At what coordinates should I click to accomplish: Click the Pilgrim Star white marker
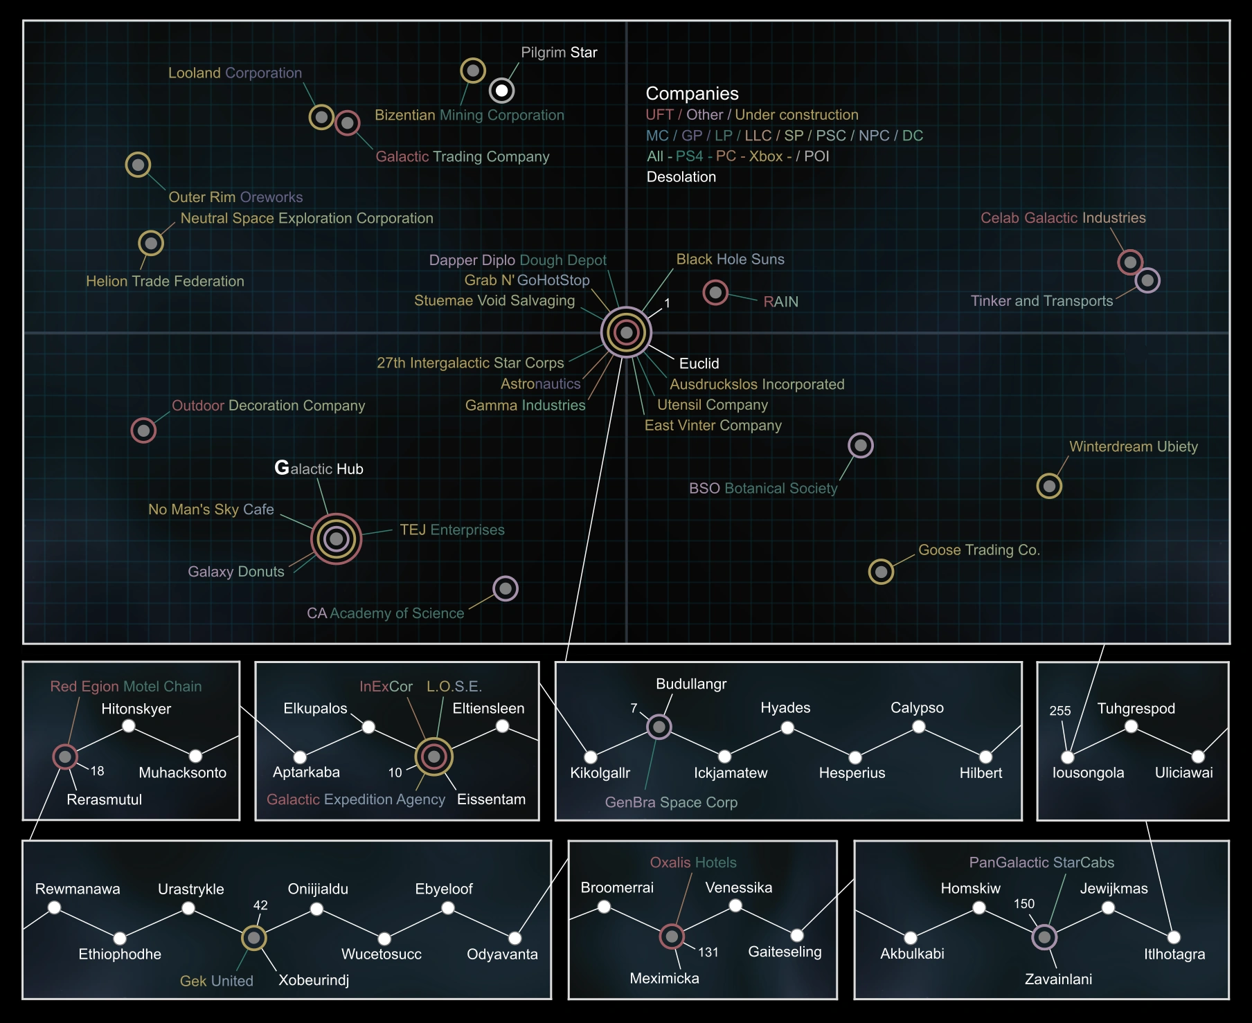(x=501, y=90)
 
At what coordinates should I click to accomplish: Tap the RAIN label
(x=780, y=302)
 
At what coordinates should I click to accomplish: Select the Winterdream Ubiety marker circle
(x=1048, y=486)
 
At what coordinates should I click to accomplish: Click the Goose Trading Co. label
(x=978, y=550)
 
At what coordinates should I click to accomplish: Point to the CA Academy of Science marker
(x=506, y=588)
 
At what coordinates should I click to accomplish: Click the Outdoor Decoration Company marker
(x=143, y=431)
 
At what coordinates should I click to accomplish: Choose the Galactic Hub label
(x=319, y=469)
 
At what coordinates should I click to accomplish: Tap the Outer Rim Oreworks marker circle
(x=138, y=165)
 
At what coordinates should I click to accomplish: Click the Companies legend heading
(x=692, y=93)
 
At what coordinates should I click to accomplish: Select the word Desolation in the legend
(x=681, y=177)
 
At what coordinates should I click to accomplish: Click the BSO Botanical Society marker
(x=860, y=445)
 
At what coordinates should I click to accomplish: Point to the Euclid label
(x=699, y=363)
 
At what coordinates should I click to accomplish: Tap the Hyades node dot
(x=787, y=727)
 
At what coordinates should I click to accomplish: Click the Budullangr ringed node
(x=659, y=727)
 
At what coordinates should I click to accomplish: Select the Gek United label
(x=216, y=981)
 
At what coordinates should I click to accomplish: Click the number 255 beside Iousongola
(x=1059, y=711)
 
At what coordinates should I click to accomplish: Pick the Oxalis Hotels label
(x=692, y=862)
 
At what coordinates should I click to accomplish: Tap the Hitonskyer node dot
(x=128, y=726)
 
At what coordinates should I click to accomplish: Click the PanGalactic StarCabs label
(x=1041, y=862)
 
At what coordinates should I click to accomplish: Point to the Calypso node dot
(x=918, y=727)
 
